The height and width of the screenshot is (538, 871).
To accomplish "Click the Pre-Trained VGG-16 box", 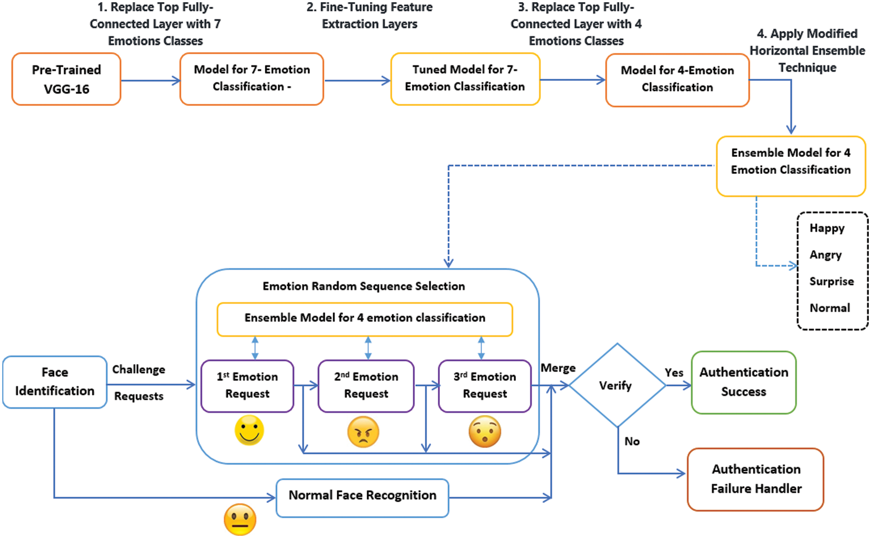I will tap(66, 79).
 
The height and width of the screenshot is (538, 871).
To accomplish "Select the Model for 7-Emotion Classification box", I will tap(251, 79).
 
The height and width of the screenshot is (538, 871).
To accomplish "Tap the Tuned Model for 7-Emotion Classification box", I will tap(465, 79).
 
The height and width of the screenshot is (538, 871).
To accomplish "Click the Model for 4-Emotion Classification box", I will tap(677, 80).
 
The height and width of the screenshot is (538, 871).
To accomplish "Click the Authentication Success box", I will tap(743, 382).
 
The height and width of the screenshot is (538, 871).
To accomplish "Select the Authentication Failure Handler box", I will tap(756, 479).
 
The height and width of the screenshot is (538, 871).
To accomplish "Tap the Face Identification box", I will tap(54, 382).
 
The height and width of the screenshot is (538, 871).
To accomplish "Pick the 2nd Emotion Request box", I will tap(366, 386).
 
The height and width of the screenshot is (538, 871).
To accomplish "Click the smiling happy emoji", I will tap(249, 430).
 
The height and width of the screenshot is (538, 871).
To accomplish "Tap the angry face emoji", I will tap(363, 432).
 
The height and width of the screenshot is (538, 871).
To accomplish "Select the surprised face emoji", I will tap(485, 432).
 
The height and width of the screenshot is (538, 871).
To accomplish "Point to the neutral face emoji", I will tap(240, 520).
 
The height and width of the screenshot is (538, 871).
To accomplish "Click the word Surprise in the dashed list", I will tap(831, 282).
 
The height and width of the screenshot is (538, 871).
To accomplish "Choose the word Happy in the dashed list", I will tap(827, 228).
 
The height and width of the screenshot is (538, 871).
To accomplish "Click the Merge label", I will tap(558, 368).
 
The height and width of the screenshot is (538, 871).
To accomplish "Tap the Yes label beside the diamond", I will tap(674, 373).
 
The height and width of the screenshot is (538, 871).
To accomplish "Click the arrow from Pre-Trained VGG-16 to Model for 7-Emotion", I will tap(150, 80).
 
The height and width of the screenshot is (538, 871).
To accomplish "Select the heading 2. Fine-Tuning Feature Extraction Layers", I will tap(369, 16).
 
